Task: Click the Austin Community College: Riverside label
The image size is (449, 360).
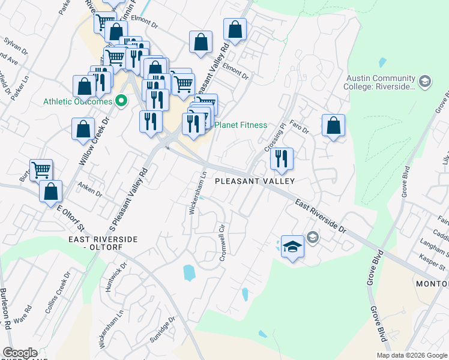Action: [x=381, y=82]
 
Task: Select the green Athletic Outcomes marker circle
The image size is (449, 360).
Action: [x=121, y=101]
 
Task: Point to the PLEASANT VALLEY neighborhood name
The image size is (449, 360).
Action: [x=255, y=181]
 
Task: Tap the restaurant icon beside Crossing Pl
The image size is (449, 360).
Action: [x=281, y=158]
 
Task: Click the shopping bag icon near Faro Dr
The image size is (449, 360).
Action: [x=333, y=126]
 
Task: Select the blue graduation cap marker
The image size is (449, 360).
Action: [x=292, y=247]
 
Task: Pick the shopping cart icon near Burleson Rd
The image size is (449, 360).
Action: [x=41, y=170]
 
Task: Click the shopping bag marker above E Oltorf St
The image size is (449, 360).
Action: [x=52, y=192]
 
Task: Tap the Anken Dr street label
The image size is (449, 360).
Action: [x=91, y=193]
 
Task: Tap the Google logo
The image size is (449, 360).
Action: [x=19, y=353]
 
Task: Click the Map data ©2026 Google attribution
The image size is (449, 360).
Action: [x=411, y=355]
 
